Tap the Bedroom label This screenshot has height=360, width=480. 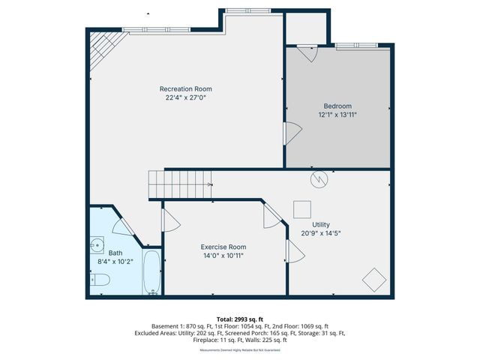337,106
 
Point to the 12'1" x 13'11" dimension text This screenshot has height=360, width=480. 337,115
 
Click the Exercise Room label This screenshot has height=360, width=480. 223,247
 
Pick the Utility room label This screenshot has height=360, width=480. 321,224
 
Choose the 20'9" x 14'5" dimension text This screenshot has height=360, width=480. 321,233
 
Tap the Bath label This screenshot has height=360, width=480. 115,253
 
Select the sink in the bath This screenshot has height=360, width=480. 97,245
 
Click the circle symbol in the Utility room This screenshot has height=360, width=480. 319,180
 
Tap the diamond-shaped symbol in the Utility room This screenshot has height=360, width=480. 374,280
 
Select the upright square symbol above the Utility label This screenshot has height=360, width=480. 302,208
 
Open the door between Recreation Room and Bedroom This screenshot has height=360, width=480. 291,133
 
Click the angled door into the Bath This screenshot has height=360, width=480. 123,226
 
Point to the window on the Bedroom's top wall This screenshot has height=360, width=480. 362,47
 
